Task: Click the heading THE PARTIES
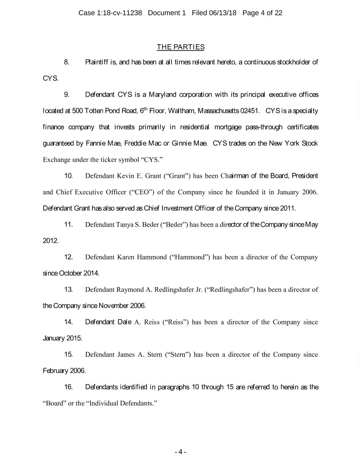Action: point(180,47)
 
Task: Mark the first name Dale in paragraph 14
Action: point(124,322)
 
